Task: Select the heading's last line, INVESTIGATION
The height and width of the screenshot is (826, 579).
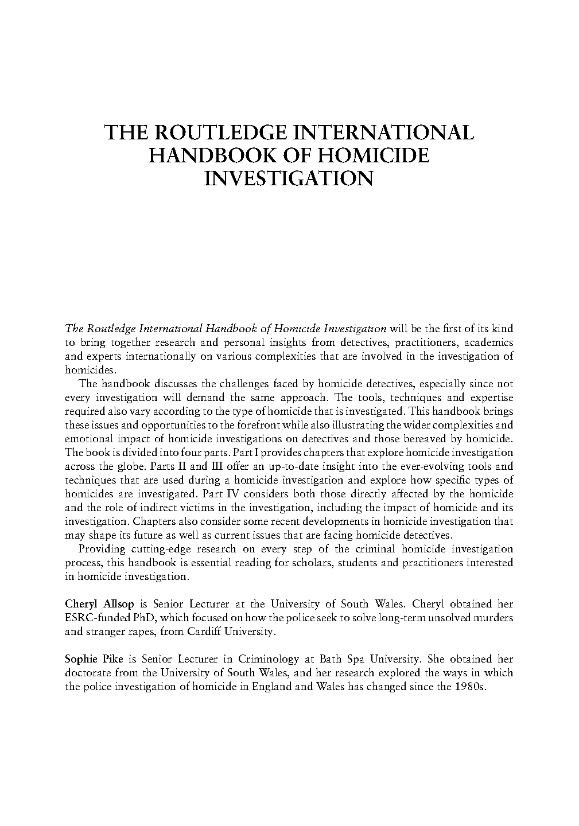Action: click(x=289, y=178)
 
